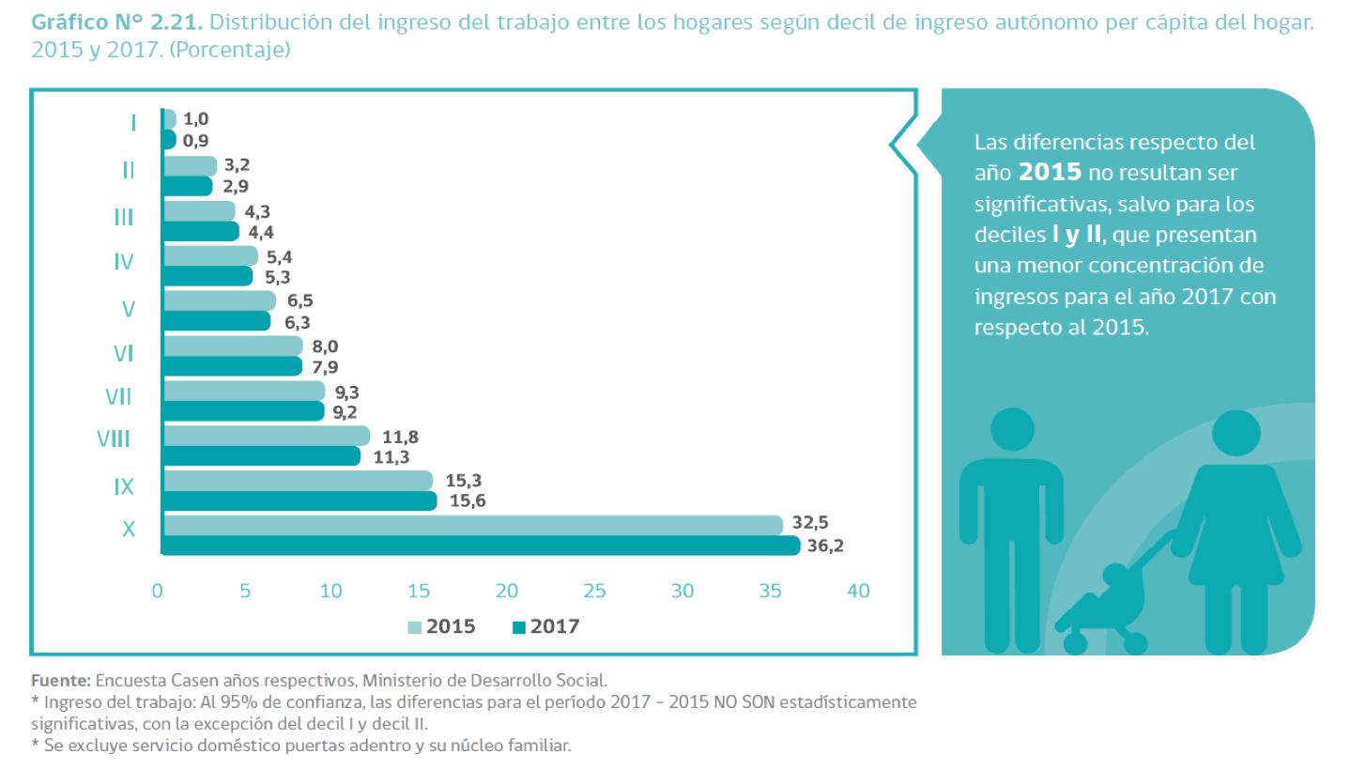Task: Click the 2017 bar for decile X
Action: click(x=481, y=546)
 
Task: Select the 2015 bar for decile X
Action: click(x=472, y=525)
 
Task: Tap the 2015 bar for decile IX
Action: click(x=298, y=481)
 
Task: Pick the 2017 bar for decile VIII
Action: click(x=261, y=456)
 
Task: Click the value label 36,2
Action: click(x=826, y=547)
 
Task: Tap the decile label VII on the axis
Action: click(x=117, y=397)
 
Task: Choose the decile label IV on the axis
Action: click(x=123, y=262)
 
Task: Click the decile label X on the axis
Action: click(x=129, y=530)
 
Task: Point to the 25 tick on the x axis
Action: click(x=594, y=592)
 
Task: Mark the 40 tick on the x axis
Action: click(x=857, y=592)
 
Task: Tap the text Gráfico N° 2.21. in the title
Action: click(x=113, y=20)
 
